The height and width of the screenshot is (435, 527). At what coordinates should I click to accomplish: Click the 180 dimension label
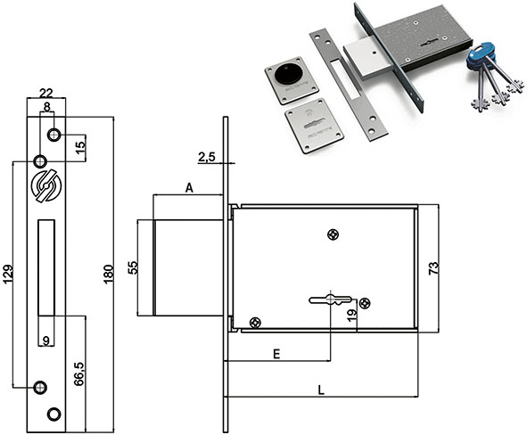point(109,274)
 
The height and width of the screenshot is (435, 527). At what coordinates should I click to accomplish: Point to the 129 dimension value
point(8,274)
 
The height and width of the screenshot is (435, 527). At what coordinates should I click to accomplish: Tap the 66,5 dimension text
point(79,373)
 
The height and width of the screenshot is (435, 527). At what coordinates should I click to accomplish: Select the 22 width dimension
point(46,93)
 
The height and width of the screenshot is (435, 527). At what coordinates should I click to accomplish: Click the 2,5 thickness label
point(206,157)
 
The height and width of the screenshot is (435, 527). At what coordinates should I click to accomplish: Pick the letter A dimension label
point(190,188)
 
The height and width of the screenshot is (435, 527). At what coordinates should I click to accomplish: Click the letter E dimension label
point(276,354)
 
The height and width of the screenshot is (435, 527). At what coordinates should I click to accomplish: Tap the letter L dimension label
point(321,390)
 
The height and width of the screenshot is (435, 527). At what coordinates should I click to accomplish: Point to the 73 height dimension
point(433,268)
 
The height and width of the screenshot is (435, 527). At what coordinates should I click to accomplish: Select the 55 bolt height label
point(133,267)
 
